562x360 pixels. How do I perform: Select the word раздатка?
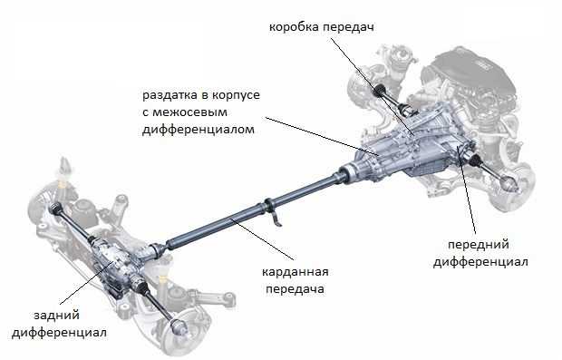(170, 96)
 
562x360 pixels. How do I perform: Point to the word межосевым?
(189, 112)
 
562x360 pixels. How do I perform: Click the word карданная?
(295, 272)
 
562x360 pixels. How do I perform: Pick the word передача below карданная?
(295, 289)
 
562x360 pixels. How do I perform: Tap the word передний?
(479, 245)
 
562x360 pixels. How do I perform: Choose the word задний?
(56, 316)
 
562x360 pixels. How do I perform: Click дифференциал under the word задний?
(59, 333)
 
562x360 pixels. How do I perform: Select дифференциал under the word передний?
(480, 262)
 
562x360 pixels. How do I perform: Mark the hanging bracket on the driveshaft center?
(273, 212)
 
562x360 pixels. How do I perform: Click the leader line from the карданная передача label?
(262, 238)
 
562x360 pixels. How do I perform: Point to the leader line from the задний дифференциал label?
(87, 284)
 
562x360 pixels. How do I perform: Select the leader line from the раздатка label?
(322, 136)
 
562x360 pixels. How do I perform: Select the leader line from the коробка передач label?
(372, 87)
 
